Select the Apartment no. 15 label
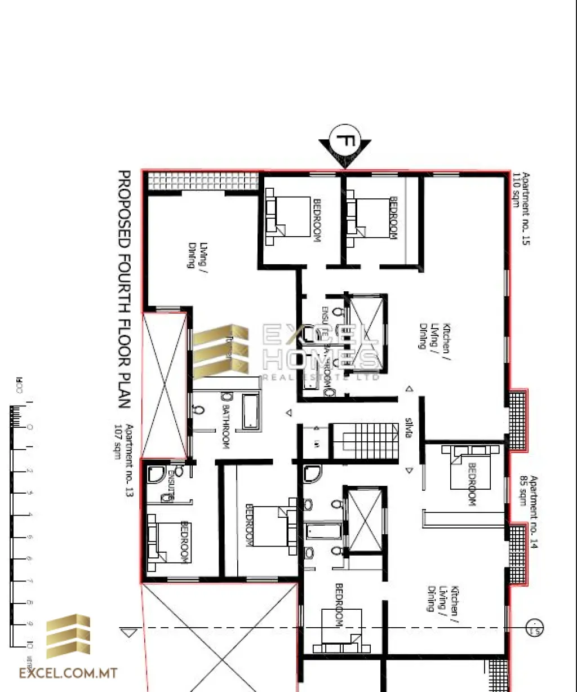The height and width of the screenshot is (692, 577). (x=527, y=209)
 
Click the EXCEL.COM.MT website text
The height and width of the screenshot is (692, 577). (x=68, y=673)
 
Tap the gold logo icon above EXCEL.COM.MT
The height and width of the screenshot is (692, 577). (x=68, y=636)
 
